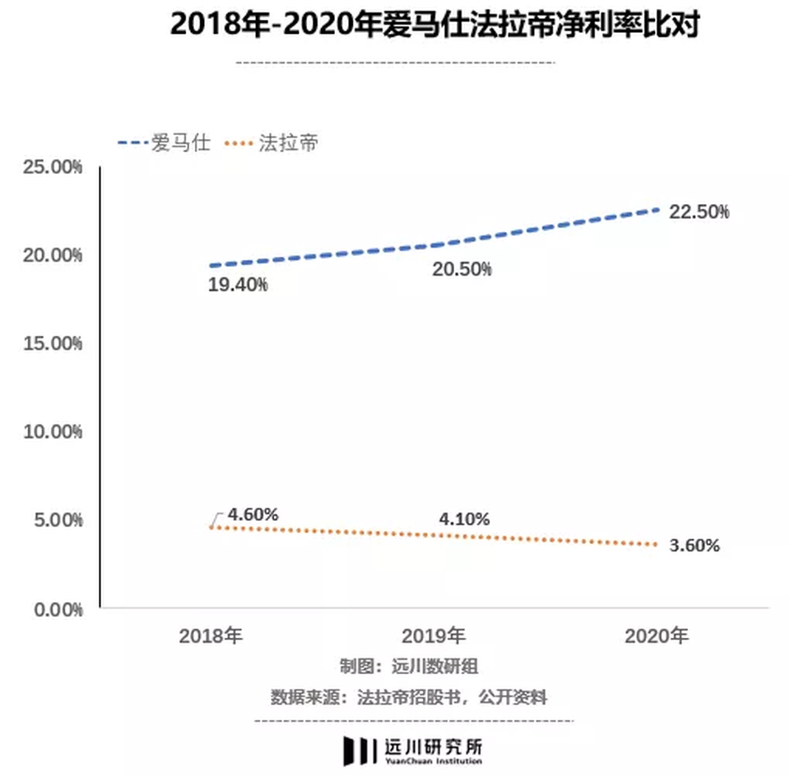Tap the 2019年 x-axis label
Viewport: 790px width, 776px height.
[x=434, y=636]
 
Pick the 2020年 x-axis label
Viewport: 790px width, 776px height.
[x=657, y=636]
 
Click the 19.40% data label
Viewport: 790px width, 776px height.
[x=239, y=286]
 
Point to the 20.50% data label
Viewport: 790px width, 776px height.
[x=462, y=269]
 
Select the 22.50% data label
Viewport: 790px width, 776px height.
[x=699, y=211]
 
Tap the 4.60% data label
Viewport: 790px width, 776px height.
[x=253, y=514]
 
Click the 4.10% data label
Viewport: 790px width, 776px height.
[x=464, y=519]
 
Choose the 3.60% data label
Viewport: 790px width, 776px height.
[x=694, y=545]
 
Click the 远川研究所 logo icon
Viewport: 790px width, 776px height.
[x=360, y=750]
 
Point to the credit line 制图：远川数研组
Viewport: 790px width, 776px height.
[x=408, y=666]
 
